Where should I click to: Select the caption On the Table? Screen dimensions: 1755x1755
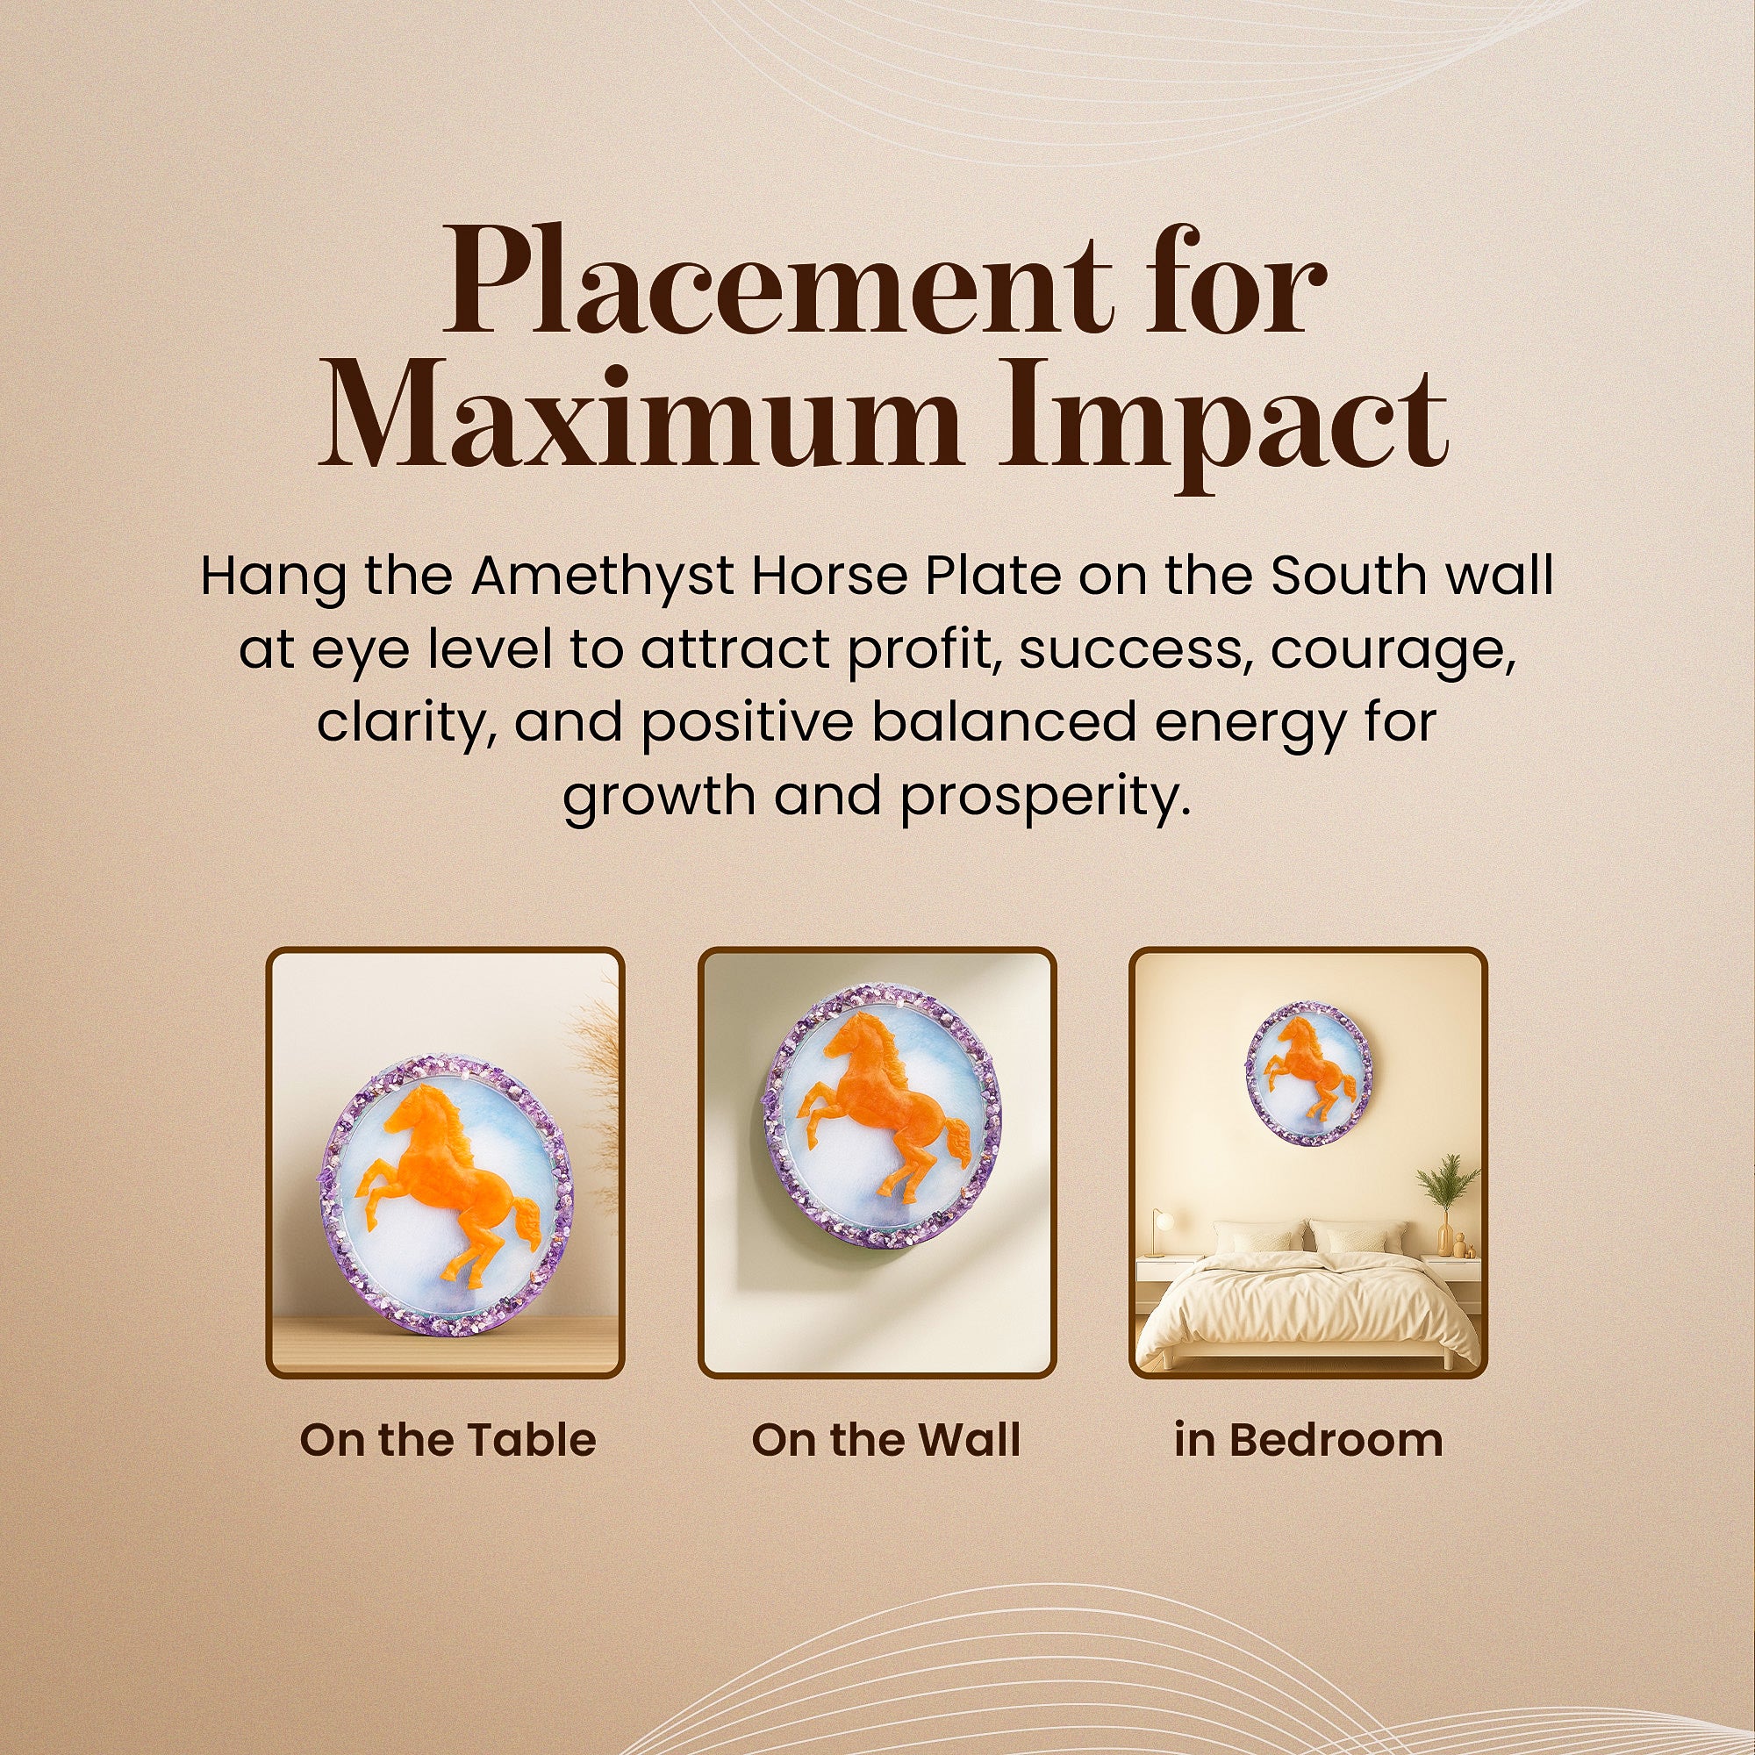coord(448,1441)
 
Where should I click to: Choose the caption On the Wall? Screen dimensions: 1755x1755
coord(886,1441)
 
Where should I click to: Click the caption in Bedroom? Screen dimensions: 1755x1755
coord(1309,1441)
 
